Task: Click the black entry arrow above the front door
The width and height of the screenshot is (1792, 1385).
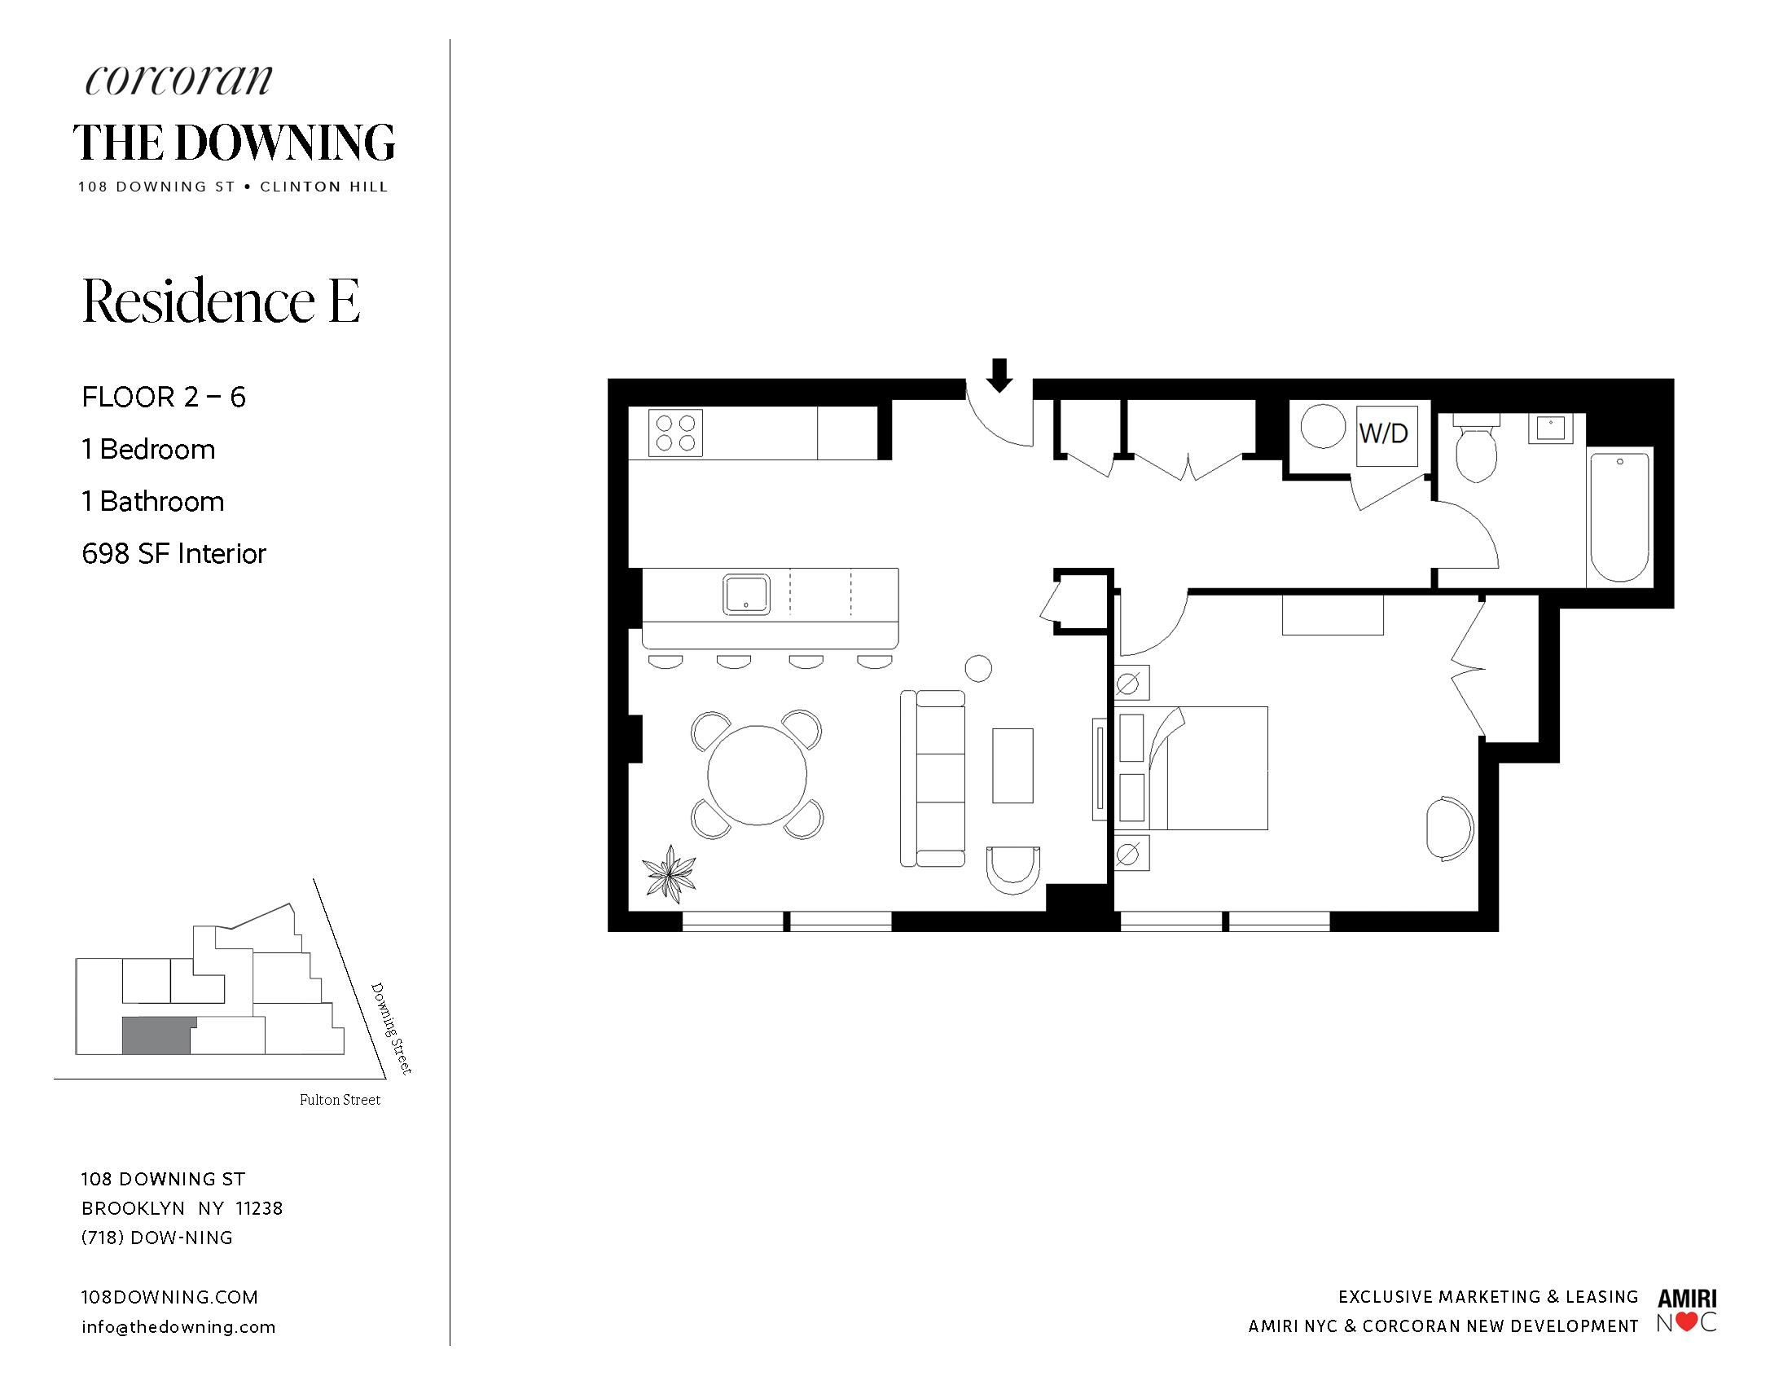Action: point(999,375)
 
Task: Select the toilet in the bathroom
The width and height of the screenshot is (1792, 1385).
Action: point(1474,448)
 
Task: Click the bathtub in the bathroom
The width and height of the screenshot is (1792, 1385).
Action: point(1619,517)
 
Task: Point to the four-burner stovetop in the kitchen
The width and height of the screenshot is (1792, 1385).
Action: point(676,433)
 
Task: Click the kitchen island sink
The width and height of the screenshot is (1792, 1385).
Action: point(746,594)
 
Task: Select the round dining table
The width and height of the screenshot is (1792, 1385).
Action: point(757,775)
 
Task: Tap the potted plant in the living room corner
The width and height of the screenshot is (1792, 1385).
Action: point(669,873)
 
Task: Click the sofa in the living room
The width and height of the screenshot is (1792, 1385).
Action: point(933,779)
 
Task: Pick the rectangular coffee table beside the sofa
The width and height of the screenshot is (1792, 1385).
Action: point(1012,766)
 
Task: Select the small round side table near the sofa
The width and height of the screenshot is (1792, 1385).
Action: point(978,669)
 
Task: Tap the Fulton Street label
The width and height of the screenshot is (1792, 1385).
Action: point(340,1101)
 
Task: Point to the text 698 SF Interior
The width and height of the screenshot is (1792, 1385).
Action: point(174,554)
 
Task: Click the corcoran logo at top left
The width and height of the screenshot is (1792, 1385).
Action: point(178,80)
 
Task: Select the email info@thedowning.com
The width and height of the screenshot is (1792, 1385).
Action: point(179,1326)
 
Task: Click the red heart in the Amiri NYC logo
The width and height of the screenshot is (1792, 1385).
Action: point(1686,1322)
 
